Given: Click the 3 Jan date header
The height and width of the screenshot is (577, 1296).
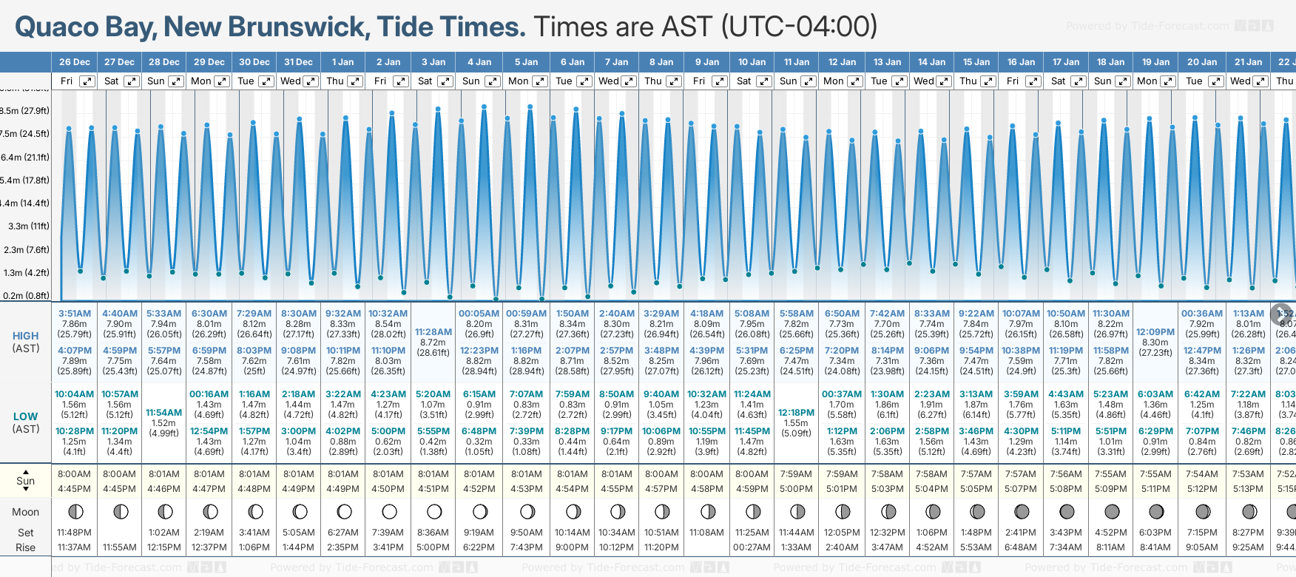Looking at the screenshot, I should [x=433, y=62].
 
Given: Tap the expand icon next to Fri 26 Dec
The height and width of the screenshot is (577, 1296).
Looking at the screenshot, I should [x=87, y=81].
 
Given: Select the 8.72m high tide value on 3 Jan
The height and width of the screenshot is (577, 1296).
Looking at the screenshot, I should [x=433, y=343].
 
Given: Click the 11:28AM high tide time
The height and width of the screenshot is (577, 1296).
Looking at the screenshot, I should [x=433, y=332].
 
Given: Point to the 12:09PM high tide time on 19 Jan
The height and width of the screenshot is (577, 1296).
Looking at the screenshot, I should [x=1155, y=332].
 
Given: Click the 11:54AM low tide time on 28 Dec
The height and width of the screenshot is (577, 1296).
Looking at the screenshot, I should [x=163, y=413].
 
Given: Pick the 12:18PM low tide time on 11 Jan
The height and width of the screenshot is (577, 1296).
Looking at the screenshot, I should [x=796, y=413].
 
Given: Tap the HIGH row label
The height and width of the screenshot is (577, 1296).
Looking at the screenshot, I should [x=25, y=336].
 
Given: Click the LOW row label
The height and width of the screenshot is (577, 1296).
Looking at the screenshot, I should [x=25, y=416].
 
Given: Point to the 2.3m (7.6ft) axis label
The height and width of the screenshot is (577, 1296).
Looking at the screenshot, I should [x=27, y=249].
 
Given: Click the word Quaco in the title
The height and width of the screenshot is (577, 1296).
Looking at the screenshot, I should [x=57, y=27].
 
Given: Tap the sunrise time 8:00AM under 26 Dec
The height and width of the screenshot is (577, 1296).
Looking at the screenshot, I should [x=74, y=474].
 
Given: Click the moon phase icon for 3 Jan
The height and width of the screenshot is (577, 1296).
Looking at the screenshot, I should [x=434, y=511].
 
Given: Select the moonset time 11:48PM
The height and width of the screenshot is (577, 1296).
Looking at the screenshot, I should [x=74, y=533].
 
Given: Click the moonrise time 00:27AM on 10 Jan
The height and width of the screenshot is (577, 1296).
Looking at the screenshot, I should [x=752, y=547].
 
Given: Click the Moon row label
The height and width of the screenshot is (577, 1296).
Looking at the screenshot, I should [x=25, y=512].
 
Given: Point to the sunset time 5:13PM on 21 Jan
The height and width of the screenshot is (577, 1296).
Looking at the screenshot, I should [x=1248, y=489].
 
